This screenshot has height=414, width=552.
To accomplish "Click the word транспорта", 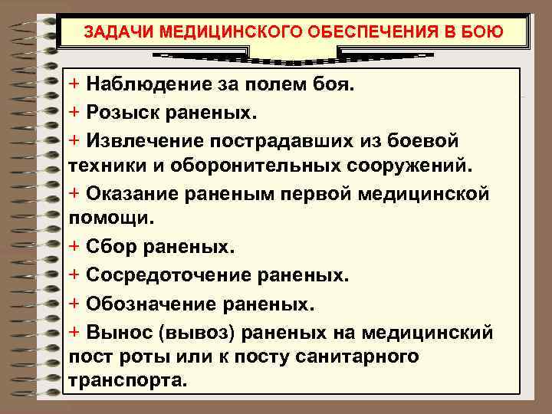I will click(x=127, y=380).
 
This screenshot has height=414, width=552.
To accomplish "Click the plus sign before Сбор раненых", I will click(x=74, y=247).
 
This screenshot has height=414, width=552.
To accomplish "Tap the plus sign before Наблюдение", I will click(x=74, y=83).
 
